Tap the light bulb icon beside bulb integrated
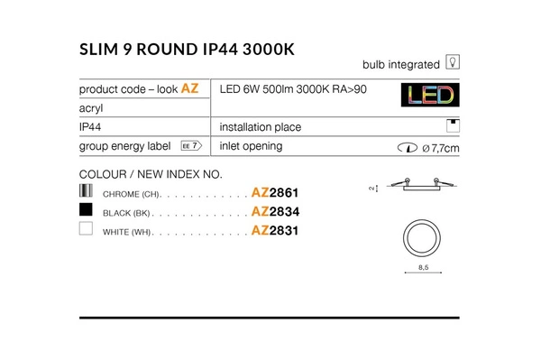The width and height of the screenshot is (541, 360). [454, 64]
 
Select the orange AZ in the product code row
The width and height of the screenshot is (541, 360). [190, 88]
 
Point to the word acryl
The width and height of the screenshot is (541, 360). [91, 107]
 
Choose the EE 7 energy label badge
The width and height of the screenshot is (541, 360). [189, 145]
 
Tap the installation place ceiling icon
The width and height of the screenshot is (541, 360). [454, 126]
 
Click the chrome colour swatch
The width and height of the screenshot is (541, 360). [87, 192]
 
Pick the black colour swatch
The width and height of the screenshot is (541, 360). [87, 211]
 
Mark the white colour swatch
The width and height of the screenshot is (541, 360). [87, 230]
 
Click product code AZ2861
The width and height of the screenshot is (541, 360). [274, 193]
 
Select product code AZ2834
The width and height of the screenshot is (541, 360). [274, 212]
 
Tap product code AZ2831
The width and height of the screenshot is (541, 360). [274, 231]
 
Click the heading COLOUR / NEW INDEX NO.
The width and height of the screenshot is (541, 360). [150, 173]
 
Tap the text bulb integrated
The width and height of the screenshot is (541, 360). [400, 64]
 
